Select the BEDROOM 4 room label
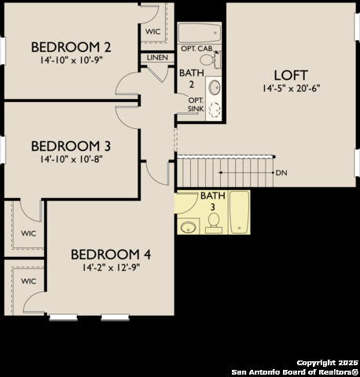tap(111, 254)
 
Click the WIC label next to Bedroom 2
tap(154, 31)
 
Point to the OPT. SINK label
tap(195, 104)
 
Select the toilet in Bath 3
tap(212, 226)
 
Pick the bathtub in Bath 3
tap(239, 212)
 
